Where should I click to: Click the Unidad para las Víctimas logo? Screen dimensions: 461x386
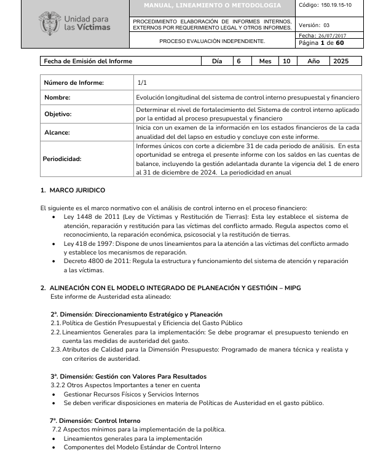coord(74,23)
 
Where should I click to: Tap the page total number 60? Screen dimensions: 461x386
coord(340,43)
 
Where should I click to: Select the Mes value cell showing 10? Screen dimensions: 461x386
coord(286,61)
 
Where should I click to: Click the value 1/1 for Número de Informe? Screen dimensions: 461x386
coord(142,82)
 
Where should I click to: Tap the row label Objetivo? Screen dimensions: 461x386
coord(58,114)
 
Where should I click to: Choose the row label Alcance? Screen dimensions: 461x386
coord(57,132)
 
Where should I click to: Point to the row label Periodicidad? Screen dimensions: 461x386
coord(62,159)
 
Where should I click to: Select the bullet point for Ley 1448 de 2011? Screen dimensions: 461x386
coord(56,217)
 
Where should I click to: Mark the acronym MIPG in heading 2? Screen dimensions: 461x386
coord(289,288)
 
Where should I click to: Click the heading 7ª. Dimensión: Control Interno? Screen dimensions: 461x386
coord(95,421)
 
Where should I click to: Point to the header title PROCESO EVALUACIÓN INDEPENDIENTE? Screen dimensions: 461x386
coord(212,41)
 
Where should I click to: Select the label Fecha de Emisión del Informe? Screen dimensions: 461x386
coord(88,61)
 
